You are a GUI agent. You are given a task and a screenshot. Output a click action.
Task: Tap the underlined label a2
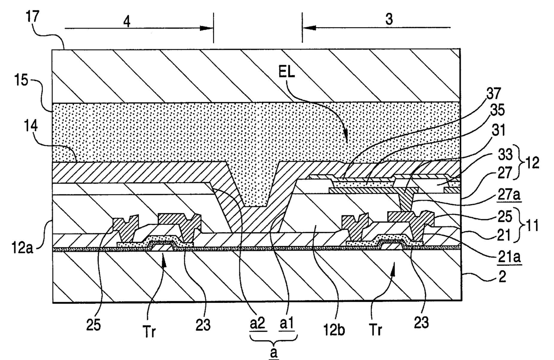click(x=257, y=324)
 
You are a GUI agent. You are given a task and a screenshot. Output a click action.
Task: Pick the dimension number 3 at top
click(x=389, y=20)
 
